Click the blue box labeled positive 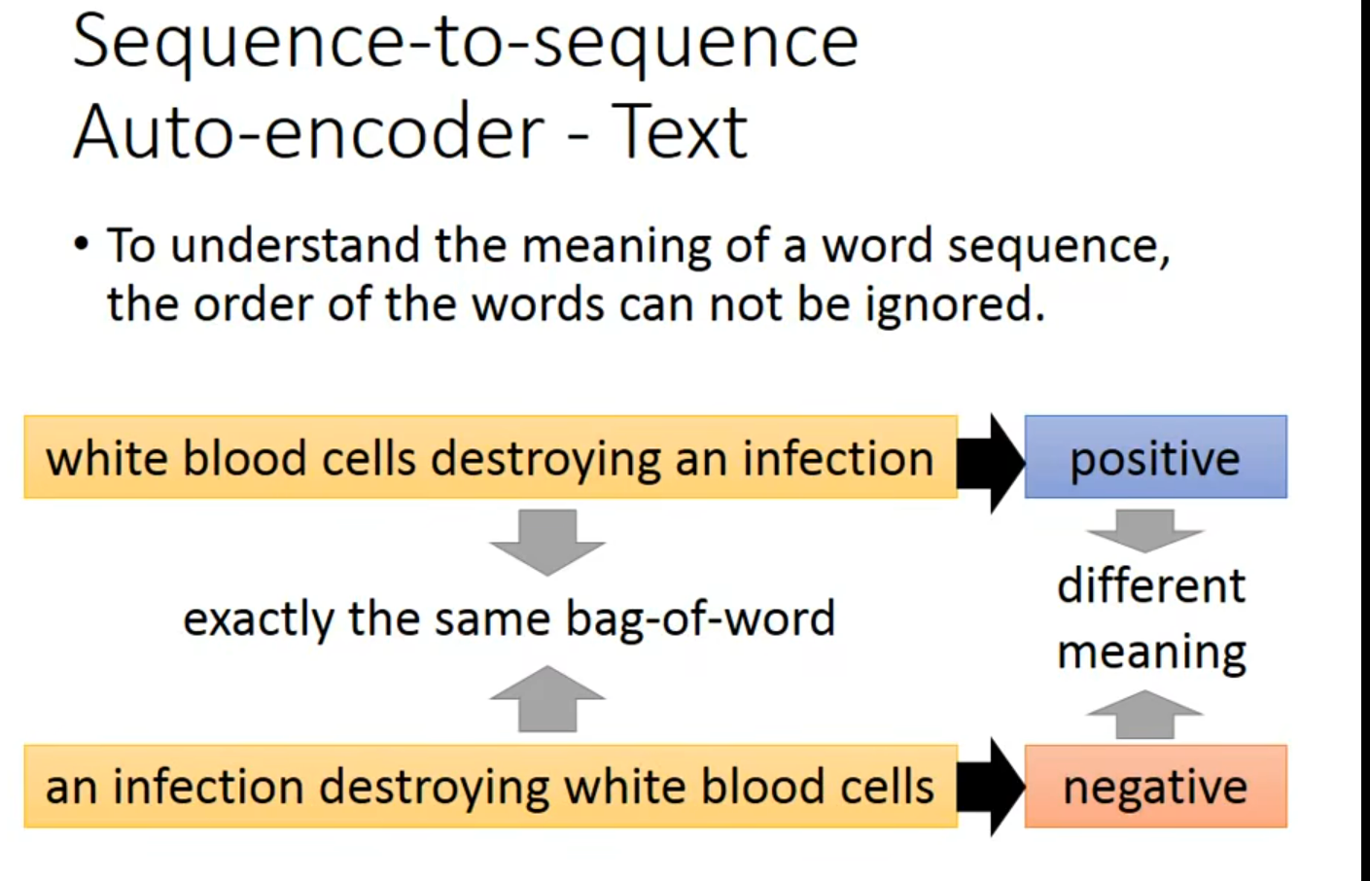click(1155, 458)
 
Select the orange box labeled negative click(1155, 787)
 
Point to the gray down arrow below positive click(1145, 530)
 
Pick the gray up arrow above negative click(1145, 715)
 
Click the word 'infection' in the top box click(838, 458)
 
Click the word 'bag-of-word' click(700, 619)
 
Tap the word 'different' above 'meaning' click(1151, 586)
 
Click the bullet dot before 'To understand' click(82, 244)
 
